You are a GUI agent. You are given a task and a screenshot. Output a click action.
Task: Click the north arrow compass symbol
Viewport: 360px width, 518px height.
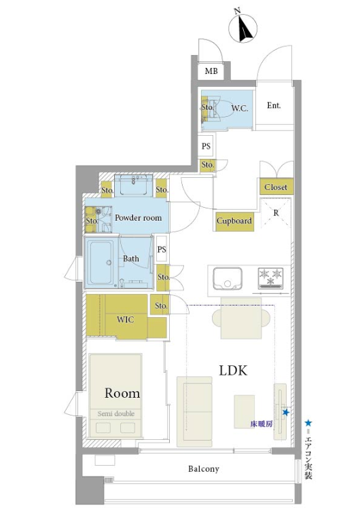[x=243, y=29]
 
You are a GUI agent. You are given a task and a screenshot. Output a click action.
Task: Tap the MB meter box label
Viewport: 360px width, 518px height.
[x=211, y=71]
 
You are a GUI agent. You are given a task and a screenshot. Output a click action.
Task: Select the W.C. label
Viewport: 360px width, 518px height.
[x=240, y=108]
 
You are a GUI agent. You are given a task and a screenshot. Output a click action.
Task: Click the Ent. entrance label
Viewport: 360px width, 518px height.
[x=274, y=105]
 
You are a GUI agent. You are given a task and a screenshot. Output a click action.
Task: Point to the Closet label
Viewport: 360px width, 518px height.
[x=276, y=187]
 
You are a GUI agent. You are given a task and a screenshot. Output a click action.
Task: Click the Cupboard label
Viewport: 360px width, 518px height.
[x=234, y=221]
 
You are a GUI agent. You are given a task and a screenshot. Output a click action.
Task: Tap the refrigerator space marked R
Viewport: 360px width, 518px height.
[x=276, y=213]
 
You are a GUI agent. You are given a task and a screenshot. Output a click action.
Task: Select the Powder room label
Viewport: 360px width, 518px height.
[x=138, y=218]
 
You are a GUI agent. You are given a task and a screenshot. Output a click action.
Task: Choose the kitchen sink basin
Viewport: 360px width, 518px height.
[x=228, y=278]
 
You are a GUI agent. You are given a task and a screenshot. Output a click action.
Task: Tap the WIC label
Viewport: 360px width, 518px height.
[x=125, y=320]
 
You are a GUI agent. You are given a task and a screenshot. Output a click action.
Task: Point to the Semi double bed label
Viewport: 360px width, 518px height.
[x=116, y=413]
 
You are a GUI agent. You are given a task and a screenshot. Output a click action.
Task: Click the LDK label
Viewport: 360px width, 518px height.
[x=233, y=371]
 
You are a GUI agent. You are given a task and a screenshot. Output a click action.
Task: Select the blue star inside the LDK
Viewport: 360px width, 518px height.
[x=286, y=412]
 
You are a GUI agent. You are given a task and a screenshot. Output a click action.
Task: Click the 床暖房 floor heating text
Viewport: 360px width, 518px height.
[x=261, y=424]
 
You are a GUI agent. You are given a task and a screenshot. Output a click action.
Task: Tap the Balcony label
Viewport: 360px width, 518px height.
[x=204, y=468]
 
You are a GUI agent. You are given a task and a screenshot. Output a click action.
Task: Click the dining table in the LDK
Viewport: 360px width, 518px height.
[x=241, y=318]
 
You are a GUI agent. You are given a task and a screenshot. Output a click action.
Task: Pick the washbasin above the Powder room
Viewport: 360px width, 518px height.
[x=134, y=185]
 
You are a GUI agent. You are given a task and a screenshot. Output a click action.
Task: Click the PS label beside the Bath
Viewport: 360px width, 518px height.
[x=162, y=249]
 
